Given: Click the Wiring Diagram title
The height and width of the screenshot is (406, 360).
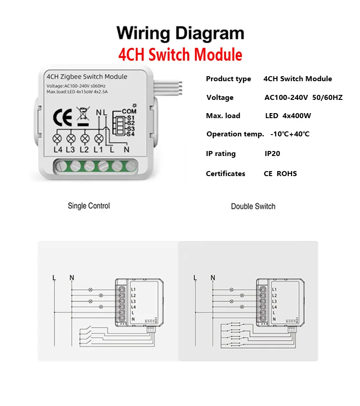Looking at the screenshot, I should (180, 34).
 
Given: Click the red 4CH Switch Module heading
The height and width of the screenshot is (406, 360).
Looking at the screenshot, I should (180, 55).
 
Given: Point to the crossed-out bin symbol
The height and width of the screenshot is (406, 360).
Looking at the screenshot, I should (82, 114).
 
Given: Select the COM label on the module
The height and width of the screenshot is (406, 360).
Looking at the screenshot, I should (129, 111).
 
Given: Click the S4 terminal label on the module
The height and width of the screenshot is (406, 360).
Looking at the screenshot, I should (130, 134).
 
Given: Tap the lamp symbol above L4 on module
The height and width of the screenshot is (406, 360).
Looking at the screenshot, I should (57, 138).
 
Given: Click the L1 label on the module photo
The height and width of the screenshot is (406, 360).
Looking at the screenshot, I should (98, 150).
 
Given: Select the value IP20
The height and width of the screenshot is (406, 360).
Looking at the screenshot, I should (273, 154).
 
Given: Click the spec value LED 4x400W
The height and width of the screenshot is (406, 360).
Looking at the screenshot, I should (288, 116).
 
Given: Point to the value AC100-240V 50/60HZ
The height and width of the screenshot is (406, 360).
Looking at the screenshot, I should (303, 97).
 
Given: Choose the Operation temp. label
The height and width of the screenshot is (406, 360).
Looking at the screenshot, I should (235, 134).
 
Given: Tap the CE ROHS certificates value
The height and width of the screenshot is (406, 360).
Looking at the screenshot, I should (280, 174).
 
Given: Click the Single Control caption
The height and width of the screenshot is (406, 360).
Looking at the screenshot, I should (89, 206).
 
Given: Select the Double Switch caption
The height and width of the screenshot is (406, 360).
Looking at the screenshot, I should (253, 206).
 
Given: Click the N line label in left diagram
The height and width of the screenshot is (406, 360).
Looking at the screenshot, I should (72, 277).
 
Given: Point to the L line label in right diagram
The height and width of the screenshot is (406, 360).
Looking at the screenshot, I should (195, 277).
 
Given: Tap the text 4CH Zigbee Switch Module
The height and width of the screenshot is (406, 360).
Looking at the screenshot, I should (87, 77).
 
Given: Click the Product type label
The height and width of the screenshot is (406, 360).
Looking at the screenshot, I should (228, 79).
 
